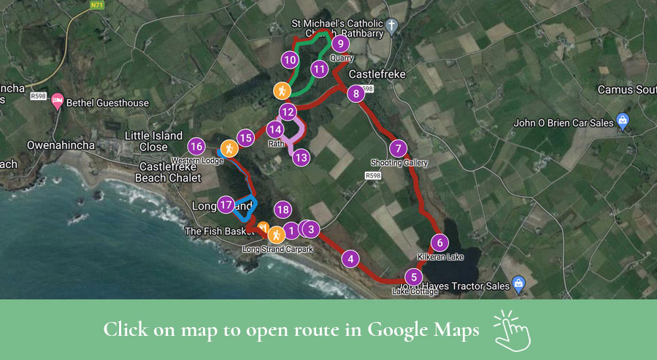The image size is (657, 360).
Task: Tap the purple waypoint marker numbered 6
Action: [x=439, y=243]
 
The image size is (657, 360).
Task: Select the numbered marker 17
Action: [x=226, y=205]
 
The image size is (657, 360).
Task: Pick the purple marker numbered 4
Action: [x=351, y=258]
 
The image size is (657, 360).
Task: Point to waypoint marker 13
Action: [x=301, y=156]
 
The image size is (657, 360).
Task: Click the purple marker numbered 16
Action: [x=196, y=146]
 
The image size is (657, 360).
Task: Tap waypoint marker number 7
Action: [x=397, y=148]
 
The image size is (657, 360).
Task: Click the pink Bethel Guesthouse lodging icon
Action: [x=58, y=102]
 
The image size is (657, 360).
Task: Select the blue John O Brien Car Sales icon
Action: [x=622, y=121]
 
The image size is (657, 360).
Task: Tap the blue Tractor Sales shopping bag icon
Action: [x=518, y=284]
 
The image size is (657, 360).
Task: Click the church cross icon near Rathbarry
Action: [x=392, y=27]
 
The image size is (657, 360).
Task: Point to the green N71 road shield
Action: [x=97, y=5]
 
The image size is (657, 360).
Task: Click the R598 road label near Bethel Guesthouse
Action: [x=39, y=95]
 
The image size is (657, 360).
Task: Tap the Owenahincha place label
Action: [x=61, y=145]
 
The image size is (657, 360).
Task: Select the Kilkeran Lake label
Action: [x=441, y=258]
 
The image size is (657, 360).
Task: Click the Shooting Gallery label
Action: [x=399, y=163]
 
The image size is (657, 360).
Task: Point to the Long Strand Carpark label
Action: [x=277, y=250]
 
